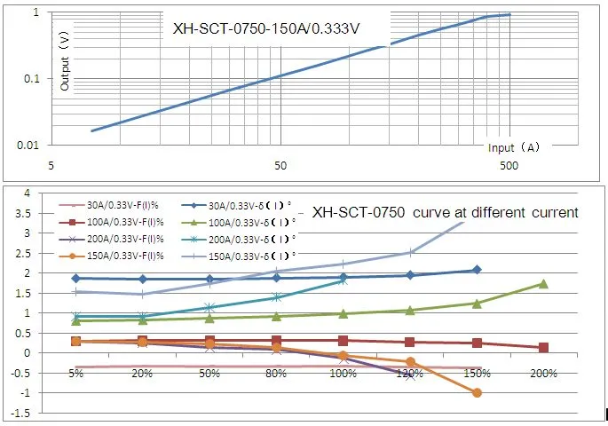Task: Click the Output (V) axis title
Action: coord(64,63)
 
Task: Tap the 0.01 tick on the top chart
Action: coord(30,145)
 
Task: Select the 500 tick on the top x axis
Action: coord(509,166)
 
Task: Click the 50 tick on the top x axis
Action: coord(280,166)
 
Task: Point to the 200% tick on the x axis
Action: coord(543,374)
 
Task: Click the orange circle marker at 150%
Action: coord(477,392)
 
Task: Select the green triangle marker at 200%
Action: coord(543,284)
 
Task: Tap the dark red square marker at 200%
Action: coord(543,348)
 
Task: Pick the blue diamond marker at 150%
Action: coord(477,270)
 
